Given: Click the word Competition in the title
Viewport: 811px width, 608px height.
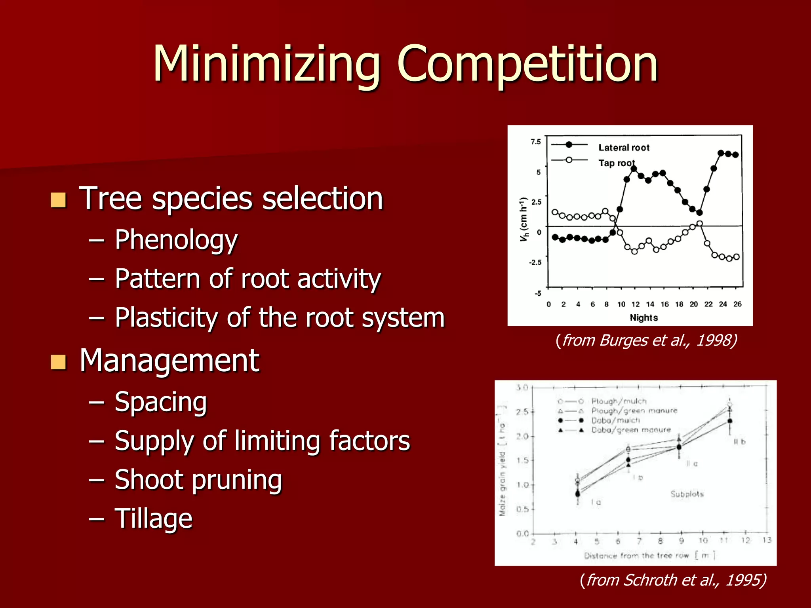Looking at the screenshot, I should point(527,64).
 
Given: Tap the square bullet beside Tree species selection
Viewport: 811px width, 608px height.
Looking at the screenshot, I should point(58,200).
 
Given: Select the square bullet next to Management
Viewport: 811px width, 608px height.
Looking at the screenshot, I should point(58,362).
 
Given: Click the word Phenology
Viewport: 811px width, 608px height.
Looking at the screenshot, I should point(176,240).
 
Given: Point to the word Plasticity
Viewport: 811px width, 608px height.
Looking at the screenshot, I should point(165,318).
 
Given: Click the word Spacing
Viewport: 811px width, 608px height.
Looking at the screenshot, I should point(161,402).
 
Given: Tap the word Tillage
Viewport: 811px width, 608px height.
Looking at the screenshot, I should point(154,519).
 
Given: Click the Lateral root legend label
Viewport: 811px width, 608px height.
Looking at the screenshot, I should point(624,148).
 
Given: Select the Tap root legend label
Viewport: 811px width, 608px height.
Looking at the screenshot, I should point(616,163).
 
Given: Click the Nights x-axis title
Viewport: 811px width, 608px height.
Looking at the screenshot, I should point(643,318).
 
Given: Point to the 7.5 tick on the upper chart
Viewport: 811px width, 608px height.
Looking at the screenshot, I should point(535,142).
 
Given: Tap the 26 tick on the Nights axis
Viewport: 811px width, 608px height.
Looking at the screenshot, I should point(737,304).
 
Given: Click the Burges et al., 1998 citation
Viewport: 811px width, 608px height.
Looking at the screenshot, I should point(646,340).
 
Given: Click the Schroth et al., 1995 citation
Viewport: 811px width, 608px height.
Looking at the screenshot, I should point(673,580).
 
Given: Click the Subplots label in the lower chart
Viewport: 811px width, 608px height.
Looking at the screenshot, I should point(687,494).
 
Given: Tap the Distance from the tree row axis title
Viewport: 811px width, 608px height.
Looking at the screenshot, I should point(649,556).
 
